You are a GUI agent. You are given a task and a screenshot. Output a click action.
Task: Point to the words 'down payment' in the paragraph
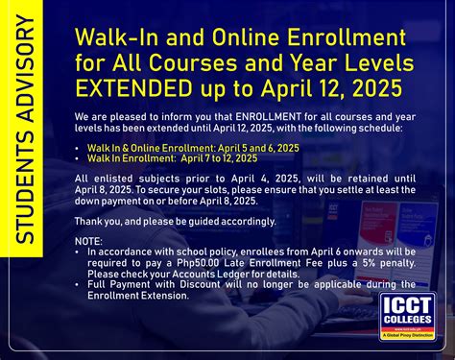(103, 200)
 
